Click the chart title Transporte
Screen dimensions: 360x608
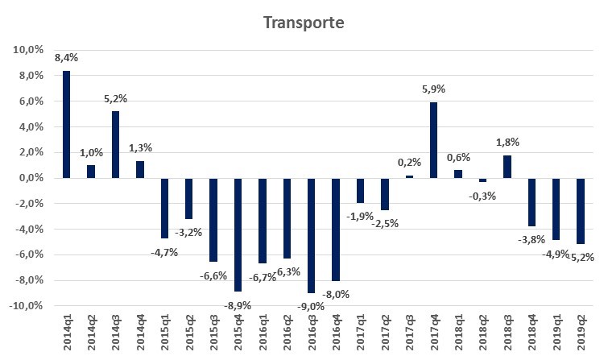(303, 22)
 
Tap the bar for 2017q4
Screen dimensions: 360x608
(433, 140)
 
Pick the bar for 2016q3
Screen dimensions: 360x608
(311, 235)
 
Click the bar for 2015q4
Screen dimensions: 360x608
(238, 234)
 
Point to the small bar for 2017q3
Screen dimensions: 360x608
(409, 176)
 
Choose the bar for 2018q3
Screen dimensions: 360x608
(507, 167)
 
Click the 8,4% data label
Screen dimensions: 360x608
(66, 58)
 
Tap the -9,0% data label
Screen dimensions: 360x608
(311, 305)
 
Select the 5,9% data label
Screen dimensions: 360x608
(433, 89)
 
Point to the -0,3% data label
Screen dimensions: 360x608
(482, 196)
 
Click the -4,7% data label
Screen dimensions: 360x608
(164, 252)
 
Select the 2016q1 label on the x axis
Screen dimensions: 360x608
(263, 333)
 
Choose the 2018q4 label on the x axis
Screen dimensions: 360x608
(531, 333)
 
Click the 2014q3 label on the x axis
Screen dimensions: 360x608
(115, 333)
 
